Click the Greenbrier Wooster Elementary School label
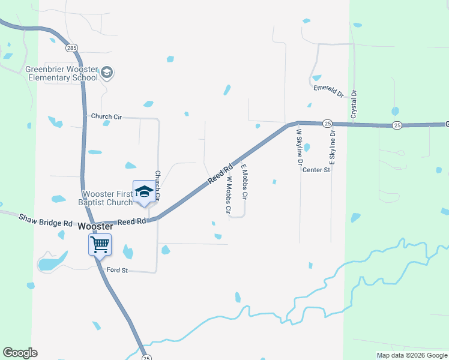(61, 73)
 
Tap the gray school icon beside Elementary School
(107, 73)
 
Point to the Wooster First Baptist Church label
(98, 198)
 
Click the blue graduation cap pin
(143, 192)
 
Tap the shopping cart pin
(100, 244)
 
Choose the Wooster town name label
(95, 226)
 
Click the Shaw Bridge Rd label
(46, 220)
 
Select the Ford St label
(118, 271)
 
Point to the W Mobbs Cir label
(229, 195)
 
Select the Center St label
(316, 170)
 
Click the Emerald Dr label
(328, 91)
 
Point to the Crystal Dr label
(354, 104)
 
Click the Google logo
(20, 353)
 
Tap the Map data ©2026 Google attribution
(411, 355)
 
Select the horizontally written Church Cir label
(106, 116)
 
